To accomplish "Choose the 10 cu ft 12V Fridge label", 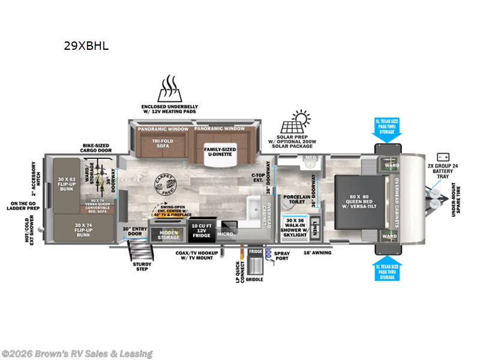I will click(x=199, y=230).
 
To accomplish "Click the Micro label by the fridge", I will click(x=225, y=234).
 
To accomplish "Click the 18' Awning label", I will click(x=318, y=253).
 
